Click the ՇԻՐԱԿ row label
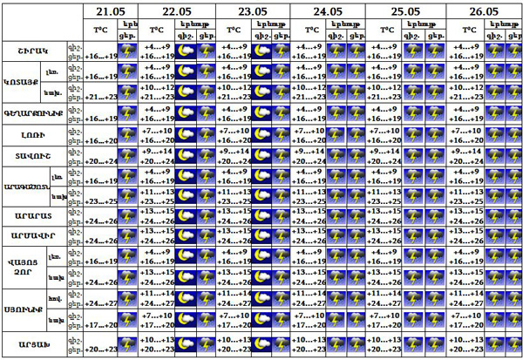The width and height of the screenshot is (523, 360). [x=33, y=51]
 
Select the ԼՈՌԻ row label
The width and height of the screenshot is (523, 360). [x=33, y=135]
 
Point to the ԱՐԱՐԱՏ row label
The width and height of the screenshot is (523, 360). [x=33, y=214]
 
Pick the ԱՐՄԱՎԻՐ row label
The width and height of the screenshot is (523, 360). [x=33, y=234]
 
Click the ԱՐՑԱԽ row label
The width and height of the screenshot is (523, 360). [x=33, y=345]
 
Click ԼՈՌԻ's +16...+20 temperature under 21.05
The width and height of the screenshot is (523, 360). [x=98, y=140]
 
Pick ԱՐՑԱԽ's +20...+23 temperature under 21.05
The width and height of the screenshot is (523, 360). [x=98, y=350]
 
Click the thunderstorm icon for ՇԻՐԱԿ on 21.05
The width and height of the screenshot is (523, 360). [x=127, y=51]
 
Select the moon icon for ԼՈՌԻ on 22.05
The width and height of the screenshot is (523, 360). [x=186, y=135]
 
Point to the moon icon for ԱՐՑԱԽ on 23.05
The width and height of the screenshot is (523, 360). [x=262, y=345]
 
